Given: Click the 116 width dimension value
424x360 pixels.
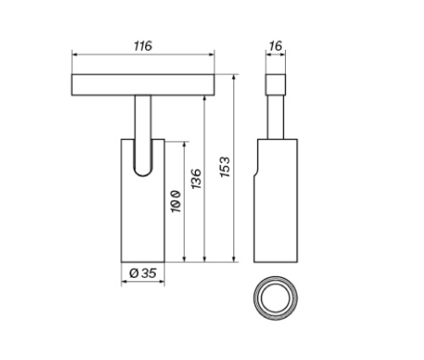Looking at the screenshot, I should pyautogui.click(x=142, y=46).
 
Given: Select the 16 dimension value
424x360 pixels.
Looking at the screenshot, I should pyautogui.click(x=275, y=46).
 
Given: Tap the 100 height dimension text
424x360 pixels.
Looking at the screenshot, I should pyautogui.click(x=176, y=203).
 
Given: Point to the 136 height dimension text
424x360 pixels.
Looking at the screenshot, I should pyautogui.click(x=196, y=180).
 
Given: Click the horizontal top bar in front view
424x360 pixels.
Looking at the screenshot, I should pyautogui.click(x=142, y=85).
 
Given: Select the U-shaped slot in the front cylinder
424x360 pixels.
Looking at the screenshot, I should pyautogui.click(x=142, y=158).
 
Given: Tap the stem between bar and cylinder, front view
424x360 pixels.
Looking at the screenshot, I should pyautogui.click(x=142, y=115).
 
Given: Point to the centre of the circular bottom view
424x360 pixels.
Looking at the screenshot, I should pyautogui.click(x=276, y=298).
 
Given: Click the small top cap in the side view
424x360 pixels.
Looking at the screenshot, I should pyautogui.click(x=276, y=84).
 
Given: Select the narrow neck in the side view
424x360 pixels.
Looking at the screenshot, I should pyautogui.click(x=276, y=115).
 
